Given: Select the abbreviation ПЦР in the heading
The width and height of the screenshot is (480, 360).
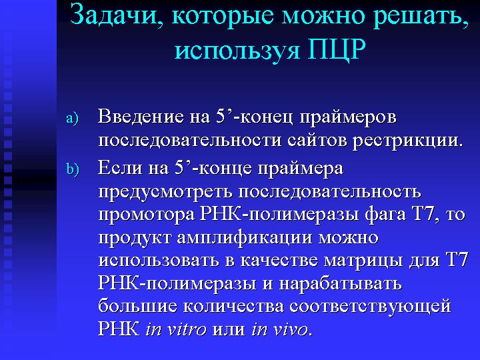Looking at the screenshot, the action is (x=337, y=49).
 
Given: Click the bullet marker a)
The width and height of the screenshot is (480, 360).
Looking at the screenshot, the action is (x=72, y=118).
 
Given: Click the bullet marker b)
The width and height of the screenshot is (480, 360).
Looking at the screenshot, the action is (x=73, y=169).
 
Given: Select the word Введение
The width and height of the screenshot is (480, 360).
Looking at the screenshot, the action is (x=141, y=117).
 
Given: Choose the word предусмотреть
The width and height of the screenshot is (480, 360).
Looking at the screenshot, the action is (x=165, y=192).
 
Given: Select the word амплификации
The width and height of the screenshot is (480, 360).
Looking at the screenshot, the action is (x=244, y=238).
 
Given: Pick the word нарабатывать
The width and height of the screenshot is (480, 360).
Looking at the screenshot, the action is (x=340, y=283).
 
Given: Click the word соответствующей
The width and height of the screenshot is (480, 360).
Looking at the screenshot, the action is (x=370, y=307).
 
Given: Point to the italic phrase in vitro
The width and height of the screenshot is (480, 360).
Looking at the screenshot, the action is (x=176, y=329).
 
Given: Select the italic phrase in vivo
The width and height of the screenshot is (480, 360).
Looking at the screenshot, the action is (x=279, y=329).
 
